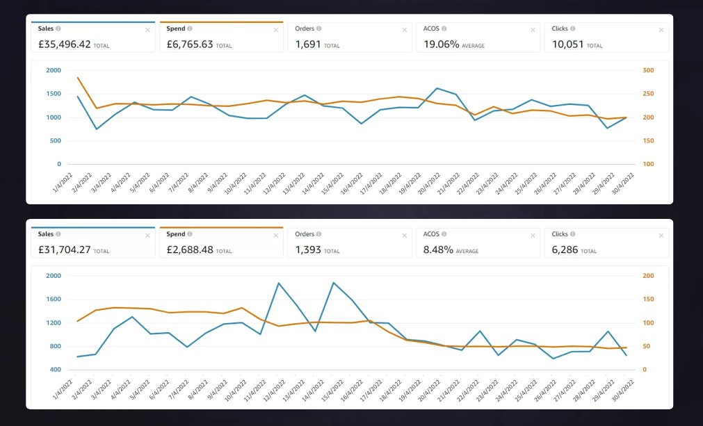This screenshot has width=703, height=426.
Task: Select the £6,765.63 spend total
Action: point(189,44)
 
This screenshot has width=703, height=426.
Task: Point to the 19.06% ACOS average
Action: point(441,44)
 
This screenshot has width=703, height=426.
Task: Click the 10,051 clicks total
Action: point(567,44)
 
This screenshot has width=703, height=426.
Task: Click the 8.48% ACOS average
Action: point(438,249)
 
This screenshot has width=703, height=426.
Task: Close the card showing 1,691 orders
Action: point(405,30)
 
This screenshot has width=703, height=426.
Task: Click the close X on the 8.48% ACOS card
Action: point(533,236)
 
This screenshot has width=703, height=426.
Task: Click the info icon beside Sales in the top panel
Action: point(58,28)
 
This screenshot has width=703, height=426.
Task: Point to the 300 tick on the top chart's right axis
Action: point(648,70)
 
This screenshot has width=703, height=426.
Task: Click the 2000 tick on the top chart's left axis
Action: point(54,70)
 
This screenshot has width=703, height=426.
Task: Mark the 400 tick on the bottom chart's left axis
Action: point(55,370)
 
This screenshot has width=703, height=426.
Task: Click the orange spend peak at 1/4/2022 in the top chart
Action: point(78,78)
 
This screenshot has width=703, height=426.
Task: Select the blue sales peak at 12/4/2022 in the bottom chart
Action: point(279,283)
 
